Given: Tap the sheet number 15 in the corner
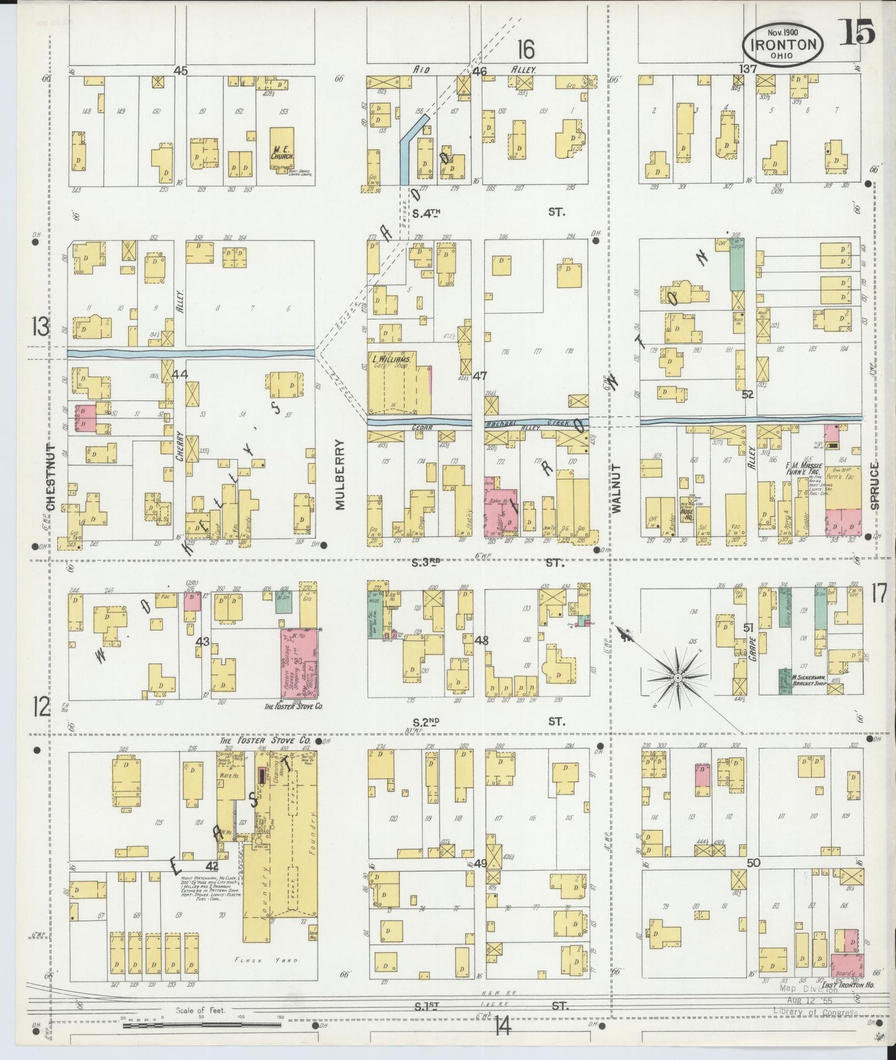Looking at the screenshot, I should point(858,32).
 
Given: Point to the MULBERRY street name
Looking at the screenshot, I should point(340,474).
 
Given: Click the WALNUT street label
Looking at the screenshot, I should point(616,488).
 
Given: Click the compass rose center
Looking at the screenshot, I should point(678,679).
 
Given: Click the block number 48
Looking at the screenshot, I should point(481,640).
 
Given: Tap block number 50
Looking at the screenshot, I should point(753,862).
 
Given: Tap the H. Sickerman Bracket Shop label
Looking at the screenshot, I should point(807,679).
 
